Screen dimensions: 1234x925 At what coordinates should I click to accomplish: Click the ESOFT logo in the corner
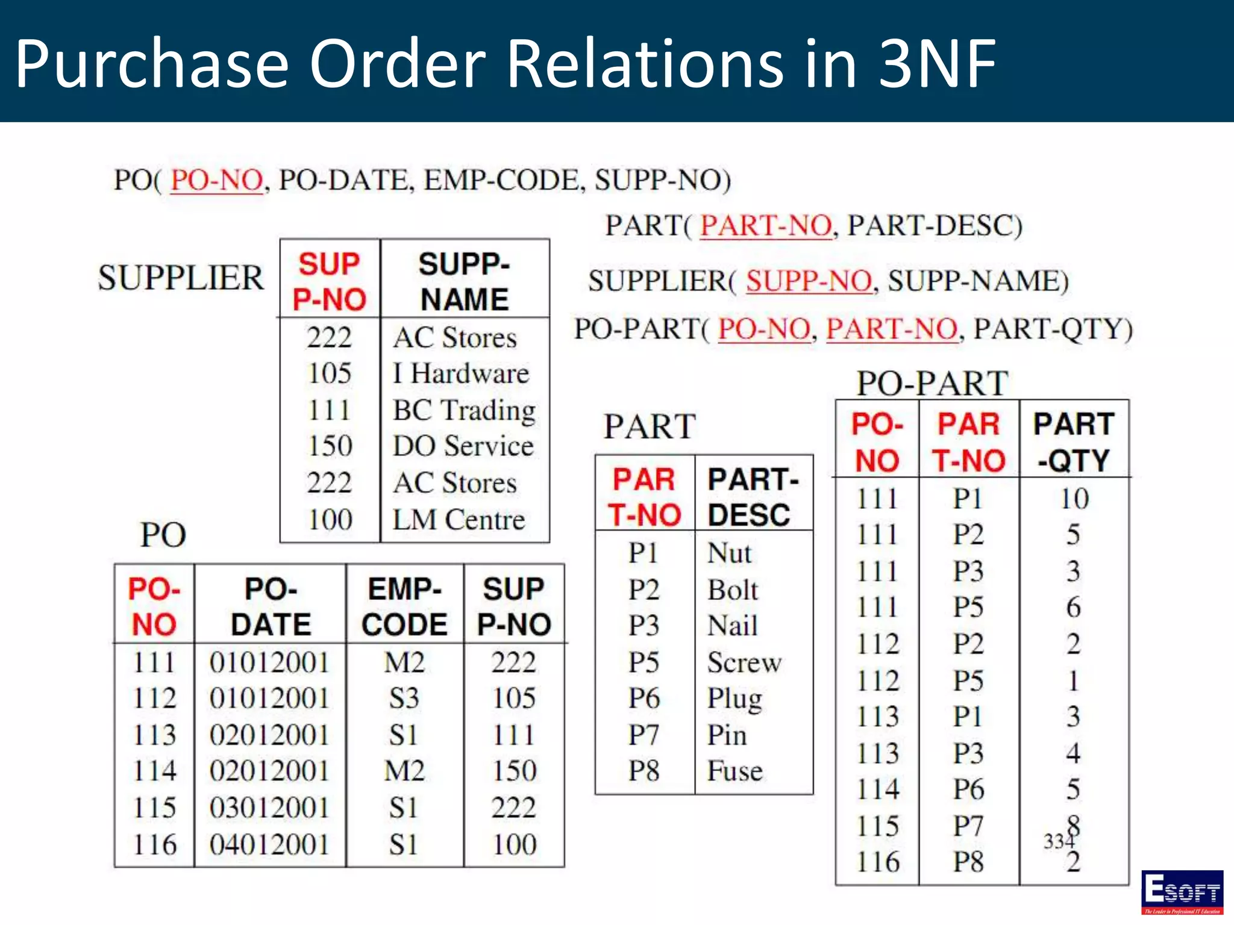click(1182, 891)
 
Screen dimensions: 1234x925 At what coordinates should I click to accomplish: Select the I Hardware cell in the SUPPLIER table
click(461, 373)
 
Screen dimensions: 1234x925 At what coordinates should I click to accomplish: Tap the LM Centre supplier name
click(459, 520)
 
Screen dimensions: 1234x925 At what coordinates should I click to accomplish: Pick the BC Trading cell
click(464, 410)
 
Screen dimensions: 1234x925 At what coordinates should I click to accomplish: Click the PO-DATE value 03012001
click(269, 808)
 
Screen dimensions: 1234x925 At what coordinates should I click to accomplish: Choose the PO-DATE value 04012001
click(269, 844)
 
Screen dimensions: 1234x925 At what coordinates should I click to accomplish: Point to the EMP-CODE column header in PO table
click(404, 606)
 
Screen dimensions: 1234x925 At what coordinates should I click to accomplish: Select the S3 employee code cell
click(404, 699)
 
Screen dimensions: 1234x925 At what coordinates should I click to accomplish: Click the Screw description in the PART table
click(744, 662)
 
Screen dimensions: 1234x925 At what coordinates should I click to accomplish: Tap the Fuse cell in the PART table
click(734, 771)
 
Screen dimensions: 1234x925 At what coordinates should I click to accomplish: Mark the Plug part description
click(734, 699)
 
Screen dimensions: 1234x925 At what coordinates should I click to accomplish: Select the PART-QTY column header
click(1074, 442)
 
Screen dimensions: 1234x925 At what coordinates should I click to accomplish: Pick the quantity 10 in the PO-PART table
click(1074, 499)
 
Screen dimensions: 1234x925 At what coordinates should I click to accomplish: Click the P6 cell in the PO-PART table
click(968, 790)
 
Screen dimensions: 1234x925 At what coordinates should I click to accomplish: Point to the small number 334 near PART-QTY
click(1059, 841)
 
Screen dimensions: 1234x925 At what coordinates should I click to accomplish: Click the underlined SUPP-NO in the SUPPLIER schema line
click(809, 281)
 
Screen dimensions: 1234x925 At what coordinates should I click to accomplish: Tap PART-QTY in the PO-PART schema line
click(1053, 329)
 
